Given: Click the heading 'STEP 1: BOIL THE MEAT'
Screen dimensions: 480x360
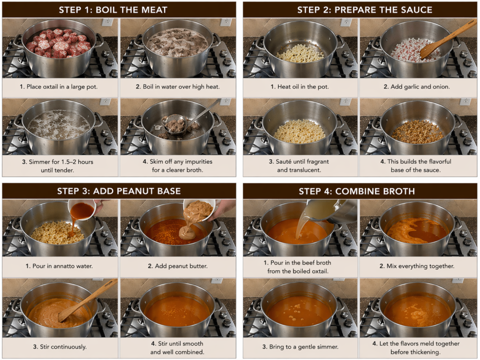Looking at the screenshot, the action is pyautogui.click(x=113, y=10).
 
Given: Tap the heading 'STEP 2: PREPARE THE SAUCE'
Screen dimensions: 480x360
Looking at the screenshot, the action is pyautogui.click(x=365, y=10).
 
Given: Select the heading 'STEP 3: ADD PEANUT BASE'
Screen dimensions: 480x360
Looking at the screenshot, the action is pyautogui.click(x=119, y=191).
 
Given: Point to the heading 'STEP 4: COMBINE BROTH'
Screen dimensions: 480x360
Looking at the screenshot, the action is pyautogui.click(x=357, y=191).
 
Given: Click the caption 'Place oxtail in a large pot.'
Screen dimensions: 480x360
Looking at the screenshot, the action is pyautogui.click(x=59, y=87).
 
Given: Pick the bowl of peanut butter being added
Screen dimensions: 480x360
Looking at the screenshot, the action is pyautogui.click(x=199, y=210).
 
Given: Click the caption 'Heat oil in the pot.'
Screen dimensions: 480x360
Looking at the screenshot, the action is pyautogui.click(x=300, y=87).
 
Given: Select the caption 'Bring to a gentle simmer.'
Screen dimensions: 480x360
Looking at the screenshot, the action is pyautogui.click(x=300, y=347).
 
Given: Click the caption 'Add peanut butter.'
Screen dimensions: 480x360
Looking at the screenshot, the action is pyautogui.click(x=178, y=266).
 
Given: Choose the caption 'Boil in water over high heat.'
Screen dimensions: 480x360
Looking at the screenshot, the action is pyautogui.click(x=178, y=87).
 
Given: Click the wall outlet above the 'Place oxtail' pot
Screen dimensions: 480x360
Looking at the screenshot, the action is pyautogui.click(x=107, y=22).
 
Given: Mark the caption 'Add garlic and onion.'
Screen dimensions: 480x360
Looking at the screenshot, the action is pyautogui.click(x=417, y=87).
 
